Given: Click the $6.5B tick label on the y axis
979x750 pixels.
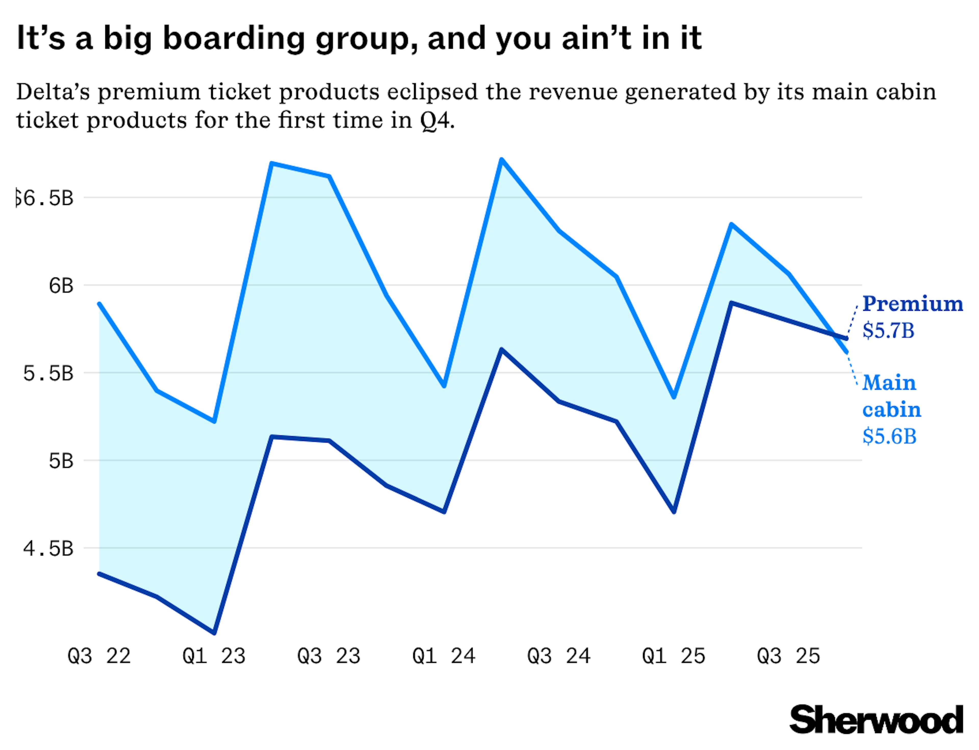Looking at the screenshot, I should pos(45,198).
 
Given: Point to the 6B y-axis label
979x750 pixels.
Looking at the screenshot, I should pos(61,285).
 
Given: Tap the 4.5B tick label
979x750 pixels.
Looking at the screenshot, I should pos(48,548).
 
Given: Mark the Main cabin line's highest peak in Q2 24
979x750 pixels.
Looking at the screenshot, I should pos(502,159).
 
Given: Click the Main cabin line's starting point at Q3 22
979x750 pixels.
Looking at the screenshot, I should pos(99,304).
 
